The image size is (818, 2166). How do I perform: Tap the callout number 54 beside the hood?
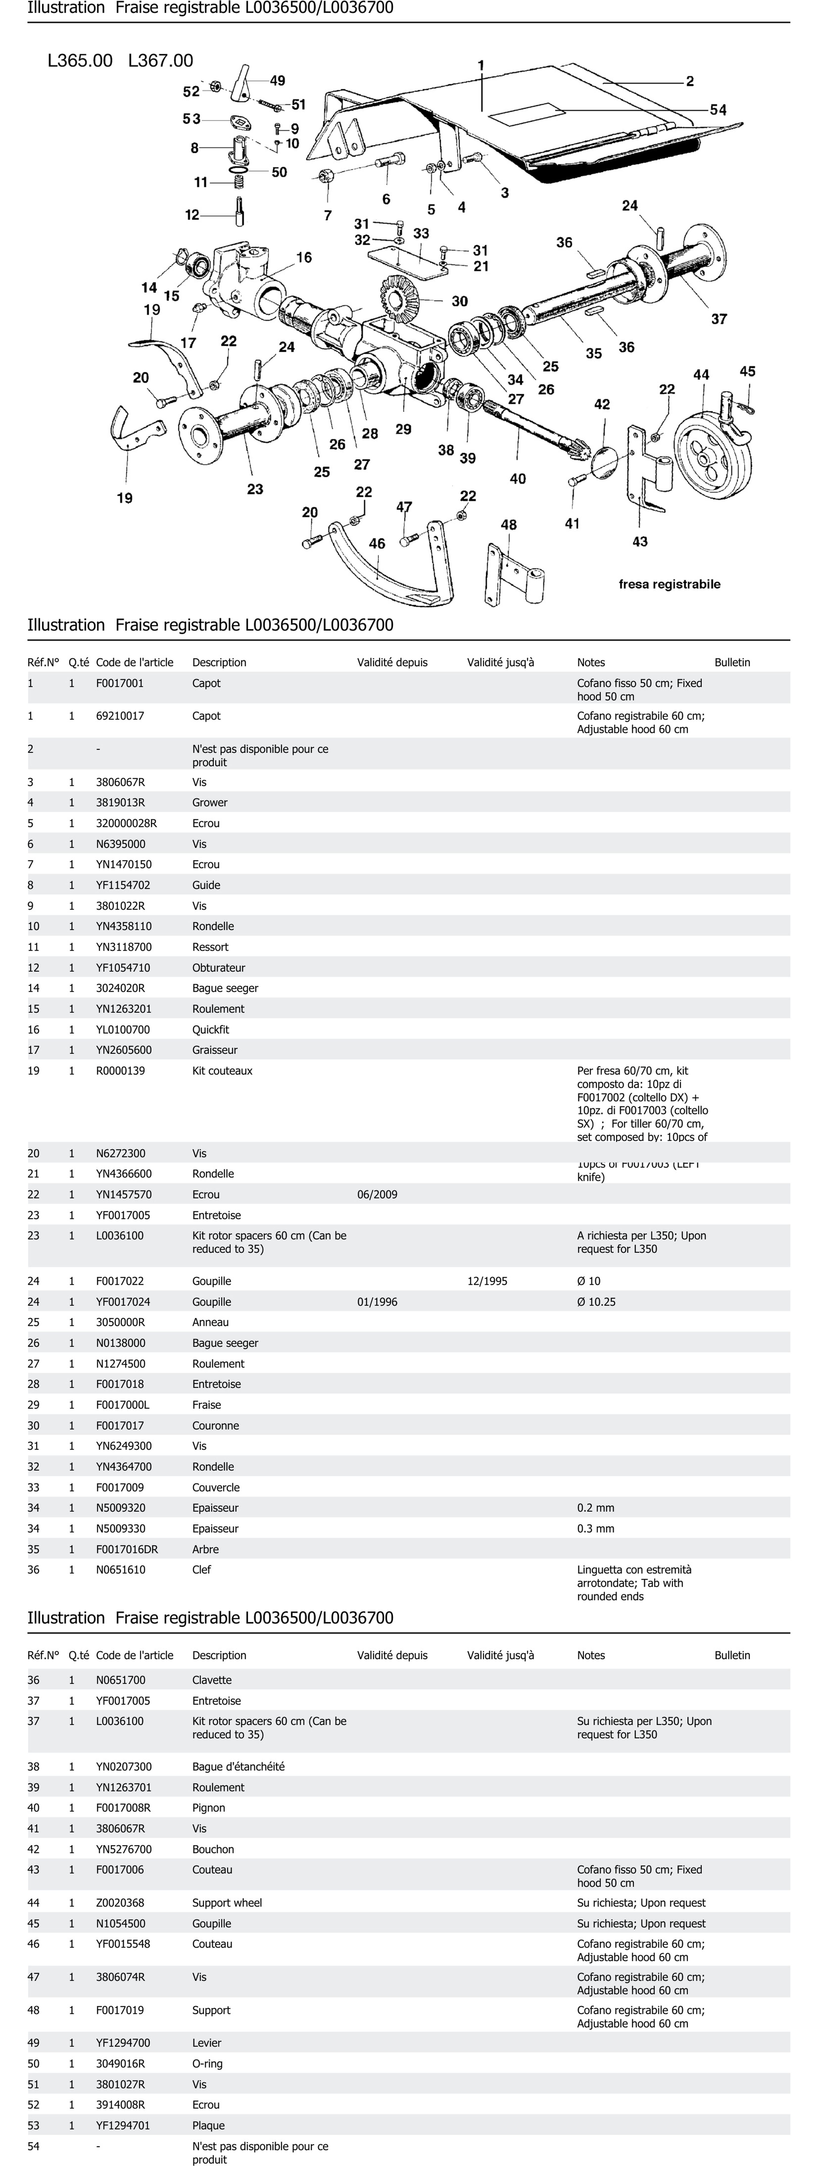(x=718, y=110)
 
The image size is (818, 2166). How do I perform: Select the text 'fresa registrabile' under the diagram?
(x=669, y=584)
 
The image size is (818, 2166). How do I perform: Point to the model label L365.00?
(x=80, y=61)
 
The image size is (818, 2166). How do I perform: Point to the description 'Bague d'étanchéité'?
(x=238, y=1767)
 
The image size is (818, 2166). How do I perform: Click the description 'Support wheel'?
(x=227, y=1903)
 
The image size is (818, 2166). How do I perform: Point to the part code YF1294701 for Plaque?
(x=123, y=2126)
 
